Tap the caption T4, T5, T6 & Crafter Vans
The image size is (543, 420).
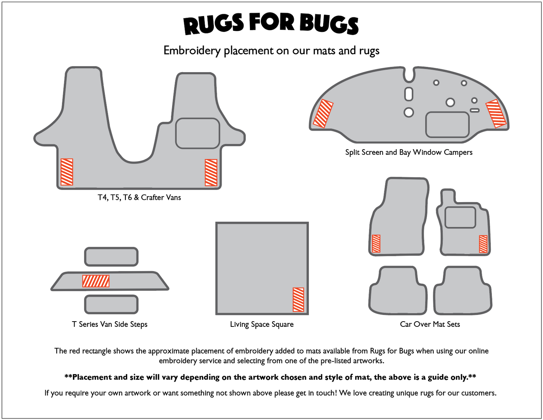click(x=139, y=198)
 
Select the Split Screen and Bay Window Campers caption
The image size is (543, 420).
click(x=408, y=152)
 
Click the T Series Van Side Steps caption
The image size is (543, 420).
click(x=110, y=324)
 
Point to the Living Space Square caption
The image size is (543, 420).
click(x=262, y=324)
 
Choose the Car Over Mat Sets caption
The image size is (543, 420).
click(x=430, y=324)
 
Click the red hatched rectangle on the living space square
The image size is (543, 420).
click(x=298, y=299)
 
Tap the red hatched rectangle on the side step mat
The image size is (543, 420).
click(x=96, y=281)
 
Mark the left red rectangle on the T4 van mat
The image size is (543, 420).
click(x=67, y=172)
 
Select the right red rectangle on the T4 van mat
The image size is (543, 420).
click(x=211, y=172)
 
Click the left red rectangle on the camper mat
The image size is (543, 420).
click(x=323, y=113)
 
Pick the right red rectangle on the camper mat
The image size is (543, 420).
click(x=496, y=113)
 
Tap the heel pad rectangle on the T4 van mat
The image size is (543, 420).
click(x=197, y=133)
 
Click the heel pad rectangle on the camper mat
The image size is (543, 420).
click(x=447, y=125)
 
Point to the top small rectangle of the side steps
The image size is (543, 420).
click(x=111, y=257)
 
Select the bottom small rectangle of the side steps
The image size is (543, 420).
click(x=111, y=304)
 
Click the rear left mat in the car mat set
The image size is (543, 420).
click(x=398, y=290)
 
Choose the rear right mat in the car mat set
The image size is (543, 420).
click(x=463, y=290)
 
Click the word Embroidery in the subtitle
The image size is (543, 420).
click(x=192, y=51)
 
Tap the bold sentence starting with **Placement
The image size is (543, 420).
click(x=270, y=377)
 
